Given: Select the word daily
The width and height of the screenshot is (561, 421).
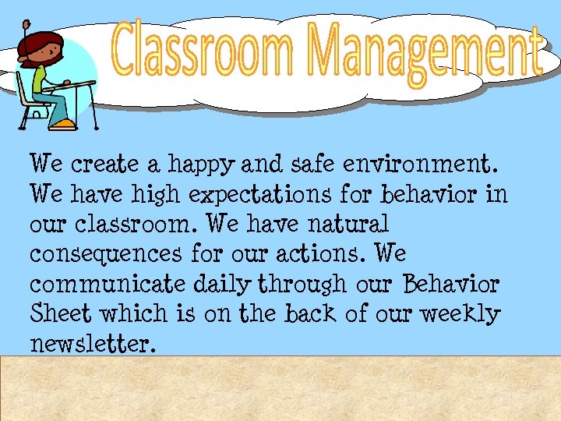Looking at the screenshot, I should [231, 284].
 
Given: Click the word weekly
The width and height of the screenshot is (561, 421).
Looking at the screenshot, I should [461, 313].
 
